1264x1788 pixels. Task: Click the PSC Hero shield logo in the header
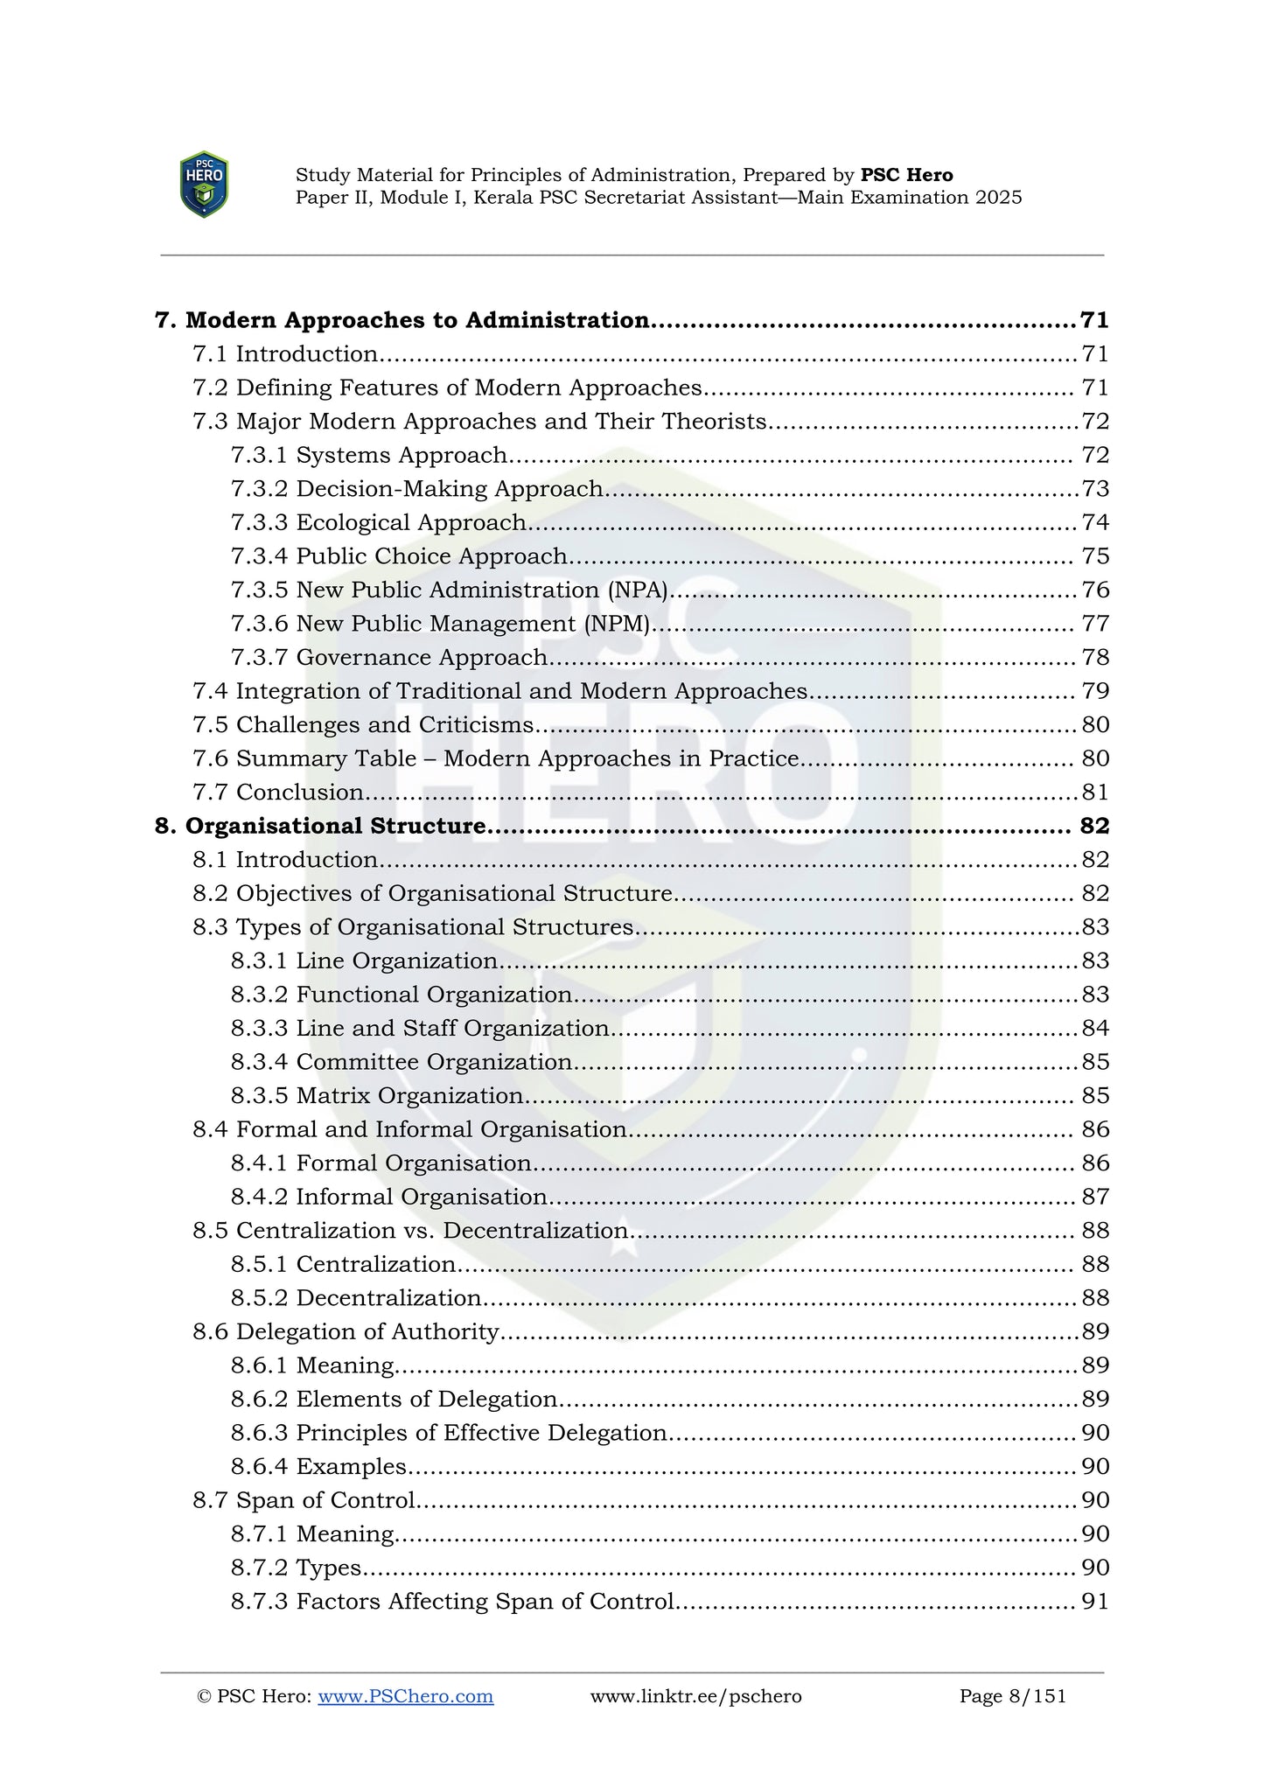click(204, 185)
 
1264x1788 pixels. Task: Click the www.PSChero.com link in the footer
click(405, 1696)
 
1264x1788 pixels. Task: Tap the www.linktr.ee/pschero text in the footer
click(695, 1696)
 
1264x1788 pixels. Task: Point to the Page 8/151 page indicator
click(1012, 1696)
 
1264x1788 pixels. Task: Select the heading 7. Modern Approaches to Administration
click(402, 320)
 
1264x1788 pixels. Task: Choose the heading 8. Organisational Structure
click(320, 826)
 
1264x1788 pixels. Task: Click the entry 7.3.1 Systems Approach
click(368, 455)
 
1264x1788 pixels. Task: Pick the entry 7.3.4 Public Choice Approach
click(399, 556)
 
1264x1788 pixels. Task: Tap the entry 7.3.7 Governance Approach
click(389, 657)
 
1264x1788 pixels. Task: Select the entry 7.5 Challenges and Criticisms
click(363, 725)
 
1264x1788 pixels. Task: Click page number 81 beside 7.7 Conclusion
click(1094, 793)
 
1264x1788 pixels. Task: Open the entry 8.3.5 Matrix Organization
click(377, 1096)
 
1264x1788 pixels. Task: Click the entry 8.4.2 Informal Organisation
click(389, 1197)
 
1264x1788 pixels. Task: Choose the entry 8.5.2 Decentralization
click(356, 1298)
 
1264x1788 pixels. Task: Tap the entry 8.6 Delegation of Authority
click(346, 1331)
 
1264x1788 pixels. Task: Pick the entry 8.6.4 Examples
click(318, 1466)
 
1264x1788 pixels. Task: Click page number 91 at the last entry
click(1094, 1602)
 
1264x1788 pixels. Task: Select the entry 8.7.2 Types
click(296, 1568)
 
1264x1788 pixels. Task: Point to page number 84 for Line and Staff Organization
click(1094, 1029)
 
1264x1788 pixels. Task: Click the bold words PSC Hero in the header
click(906, 175)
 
